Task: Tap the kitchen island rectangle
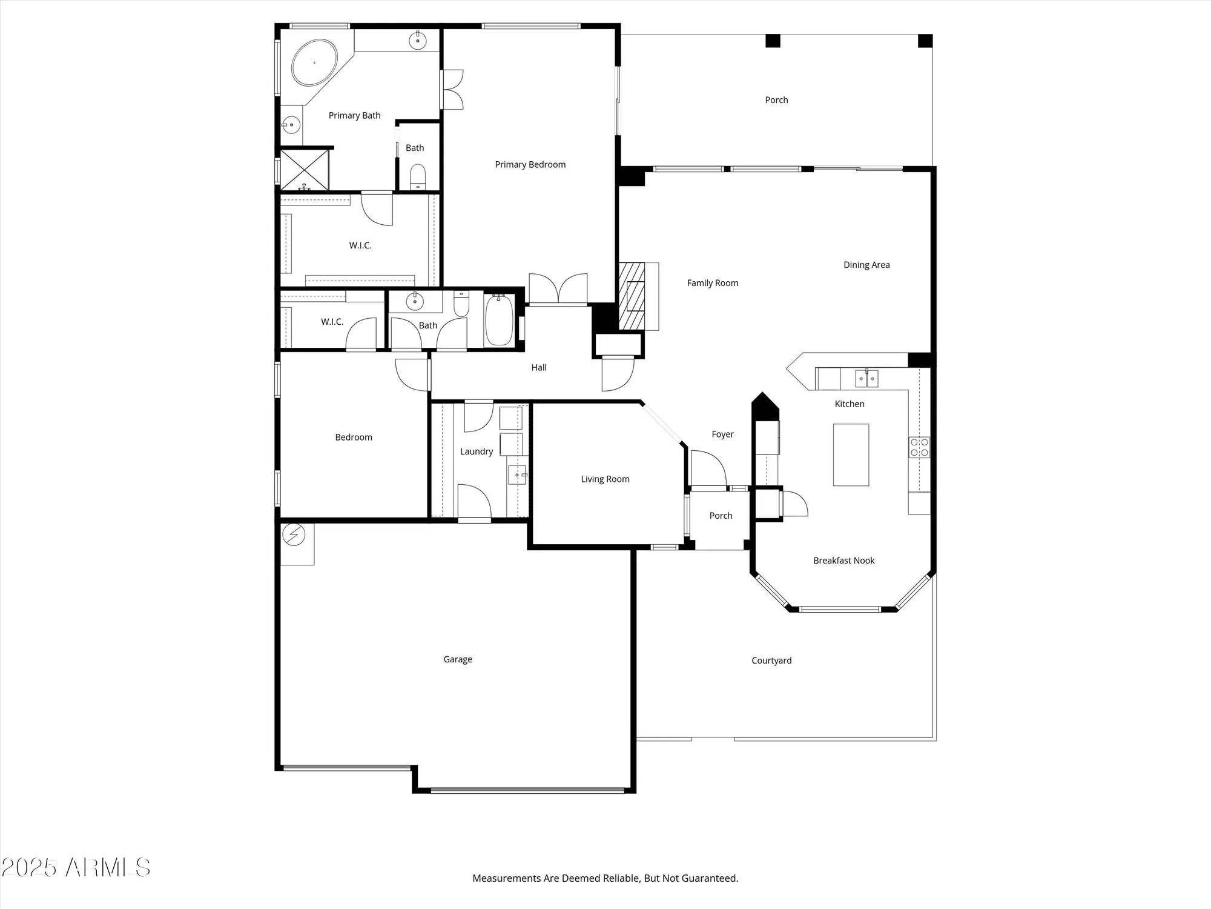point(851,454)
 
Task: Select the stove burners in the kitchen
point(919,447)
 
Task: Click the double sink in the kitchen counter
point(866,379)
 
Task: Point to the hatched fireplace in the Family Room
point(632,296)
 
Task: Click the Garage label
point(458,659)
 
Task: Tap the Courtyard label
point(771,661)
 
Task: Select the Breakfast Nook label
point(843,561)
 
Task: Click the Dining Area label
point(866,265)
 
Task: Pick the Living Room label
point(605,479)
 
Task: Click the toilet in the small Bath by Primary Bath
point(418,176)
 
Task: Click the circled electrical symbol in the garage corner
point(294,535)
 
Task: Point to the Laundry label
point(477,451)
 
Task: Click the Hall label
point(539,367)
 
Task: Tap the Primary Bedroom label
point(530,164)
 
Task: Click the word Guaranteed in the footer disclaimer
point(709,878)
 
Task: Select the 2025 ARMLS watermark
point(76,867)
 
